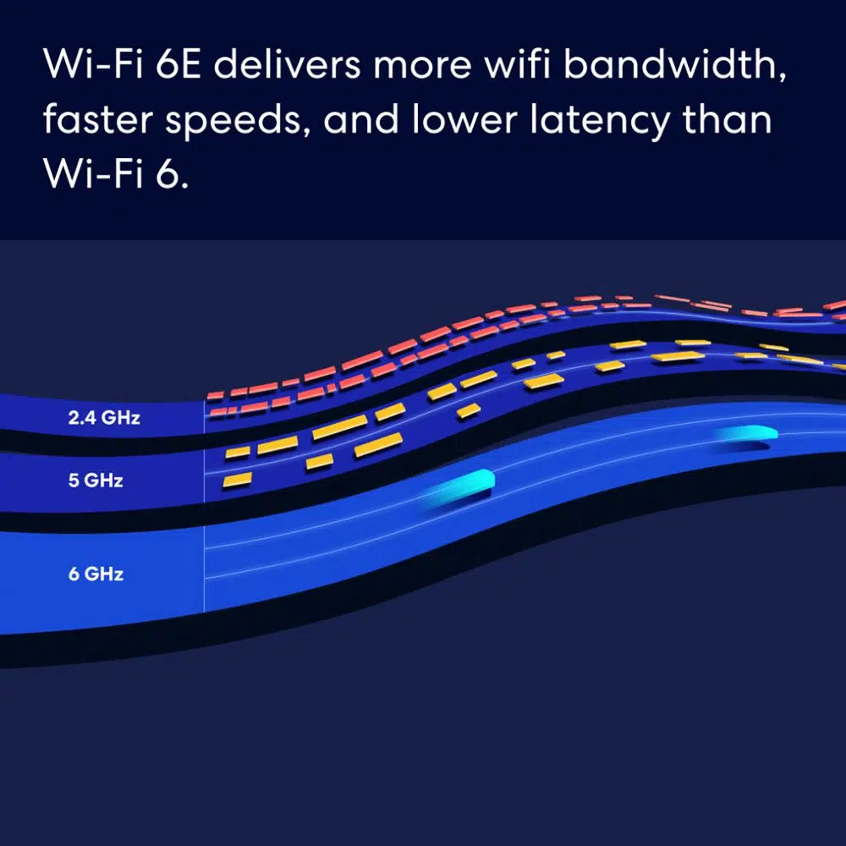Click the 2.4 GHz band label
click(105, 417)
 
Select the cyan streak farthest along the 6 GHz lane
click(745, 435)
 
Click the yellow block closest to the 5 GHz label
click(237, 481)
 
